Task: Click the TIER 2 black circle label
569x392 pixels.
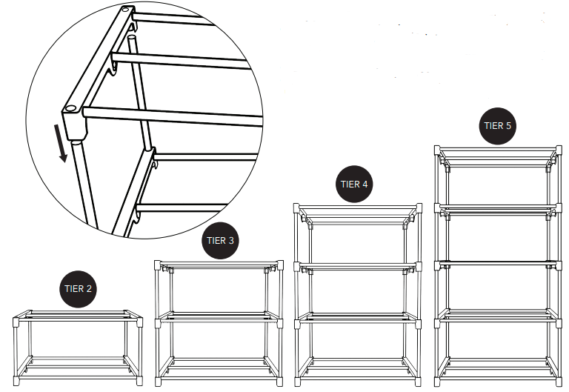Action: point(78,289)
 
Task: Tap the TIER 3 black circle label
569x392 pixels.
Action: point(220,241)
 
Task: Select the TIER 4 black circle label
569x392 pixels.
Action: point(354,184)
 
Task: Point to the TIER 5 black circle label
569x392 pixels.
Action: point(498,126)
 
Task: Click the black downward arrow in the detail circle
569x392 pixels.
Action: point(60,143)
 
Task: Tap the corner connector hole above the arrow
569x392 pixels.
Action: point(70,108)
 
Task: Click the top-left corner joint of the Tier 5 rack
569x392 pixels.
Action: point(437,150)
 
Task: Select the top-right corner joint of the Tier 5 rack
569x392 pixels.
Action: point(559,150)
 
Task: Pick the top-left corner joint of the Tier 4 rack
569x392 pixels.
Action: point(296,208)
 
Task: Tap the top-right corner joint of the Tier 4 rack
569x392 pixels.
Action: point(419,208)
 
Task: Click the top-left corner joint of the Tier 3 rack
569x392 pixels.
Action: point(158,265)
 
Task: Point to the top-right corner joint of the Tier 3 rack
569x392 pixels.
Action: point(280,265)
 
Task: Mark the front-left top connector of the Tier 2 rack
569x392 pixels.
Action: point(16,322)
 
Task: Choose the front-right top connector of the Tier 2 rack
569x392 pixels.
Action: point(140,322)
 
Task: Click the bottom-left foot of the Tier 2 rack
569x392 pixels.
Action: point(16,381)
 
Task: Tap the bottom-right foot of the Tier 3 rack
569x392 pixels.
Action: point(280,382)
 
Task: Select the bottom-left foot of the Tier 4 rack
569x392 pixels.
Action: point(297,382)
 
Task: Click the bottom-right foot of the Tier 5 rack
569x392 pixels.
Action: point(559,382)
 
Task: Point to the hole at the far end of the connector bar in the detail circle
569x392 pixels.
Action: point(126,10)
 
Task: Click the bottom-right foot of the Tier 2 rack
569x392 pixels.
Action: point(140,381)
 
